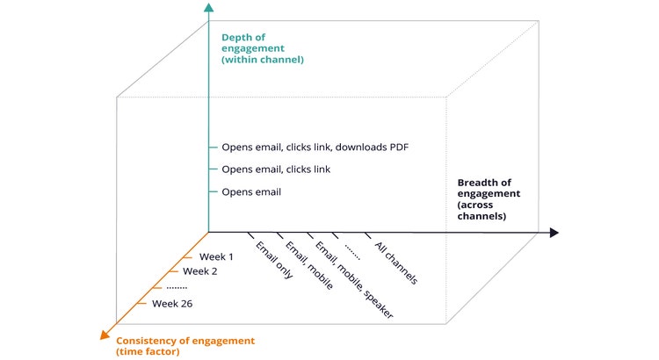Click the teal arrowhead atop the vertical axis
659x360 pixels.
click(208, 9)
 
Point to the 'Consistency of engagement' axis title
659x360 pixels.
click(185, 340)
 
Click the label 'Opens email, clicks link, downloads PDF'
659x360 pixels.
click(315, 147)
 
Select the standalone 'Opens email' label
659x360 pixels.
click(251, 191)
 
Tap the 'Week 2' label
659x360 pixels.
click(200, 271)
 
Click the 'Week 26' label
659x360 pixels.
click(171, 304)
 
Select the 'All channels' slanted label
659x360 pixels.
click(395, 263)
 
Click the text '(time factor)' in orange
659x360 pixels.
click(148, 351)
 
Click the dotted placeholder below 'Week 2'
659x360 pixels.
click(177, 287)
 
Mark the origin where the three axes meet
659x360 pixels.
click(208, 233)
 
